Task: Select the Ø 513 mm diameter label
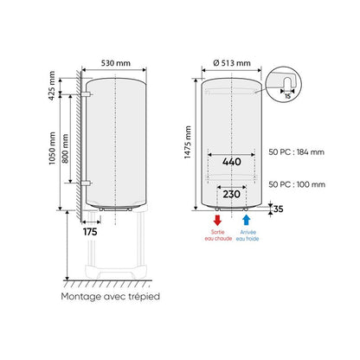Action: click(231, 63)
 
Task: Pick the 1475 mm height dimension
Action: click(190, 143)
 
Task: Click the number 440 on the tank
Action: click(231, 161)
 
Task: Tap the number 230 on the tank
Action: click(231, 195)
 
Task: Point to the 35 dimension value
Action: click(277, 209)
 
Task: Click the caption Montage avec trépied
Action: click(110, 297)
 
